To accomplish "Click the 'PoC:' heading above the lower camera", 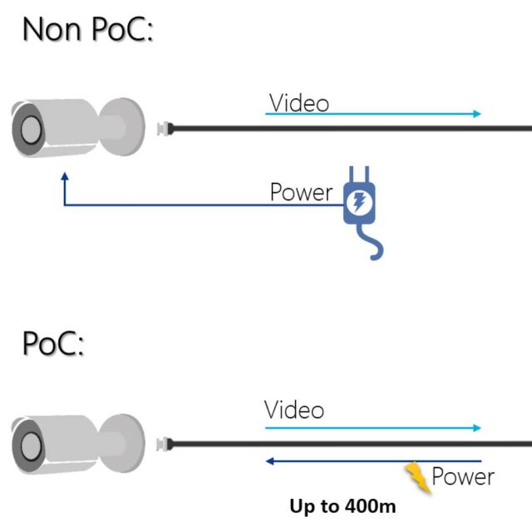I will click(x=53, y=344).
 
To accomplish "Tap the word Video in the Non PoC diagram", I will click(x=298, y=103).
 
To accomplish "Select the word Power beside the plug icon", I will click(x=301, y=192).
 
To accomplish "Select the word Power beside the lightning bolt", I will click(x=462, y=477).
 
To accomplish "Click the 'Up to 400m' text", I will click(x=342, y=505).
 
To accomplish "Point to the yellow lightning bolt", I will click(x=418, y=479).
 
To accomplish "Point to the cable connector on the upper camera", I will click(x=165, y=128).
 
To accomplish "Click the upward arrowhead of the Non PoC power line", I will click(x=65, y=177).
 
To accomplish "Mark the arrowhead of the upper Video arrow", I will click(x=477, y=114).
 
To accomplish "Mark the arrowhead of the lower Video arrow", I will click(x=477, y=428).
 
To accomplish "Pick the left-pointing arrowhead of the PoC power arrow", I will click(x=268, y=460).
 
